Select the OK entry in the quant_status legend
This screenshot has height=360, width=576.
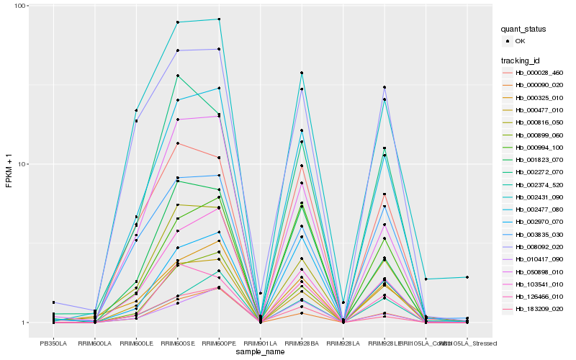click(530, 42)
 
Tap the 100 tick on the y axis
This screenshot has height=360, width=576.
click(20, 6)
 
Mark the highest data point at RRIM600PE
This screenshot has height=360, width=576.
click(219, 19)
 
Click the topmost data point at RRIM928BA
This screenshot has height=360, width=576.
click(302, 73)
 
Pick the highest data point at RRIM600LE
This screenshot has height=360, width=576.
click(136, 110)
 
